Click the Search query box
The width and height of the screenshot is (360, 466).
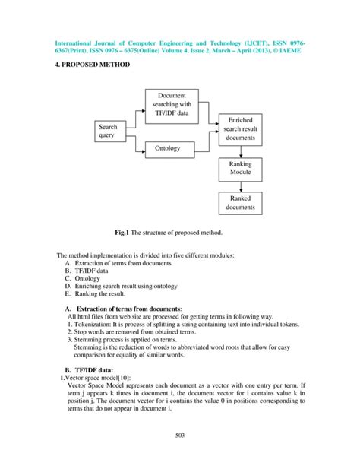111,132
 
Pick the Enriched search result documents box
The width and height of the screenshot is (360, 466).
240,129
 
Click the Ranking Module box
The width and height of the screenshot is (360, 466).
240,168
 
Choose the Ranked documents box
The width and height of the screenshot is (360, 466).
240,202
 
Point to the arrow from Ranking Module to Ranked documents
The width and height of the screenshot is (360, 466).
240,185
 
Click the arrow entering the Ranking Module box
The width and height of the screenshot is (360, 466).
240,151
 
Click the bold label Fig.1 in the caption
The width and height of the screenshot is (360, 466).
124,231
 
